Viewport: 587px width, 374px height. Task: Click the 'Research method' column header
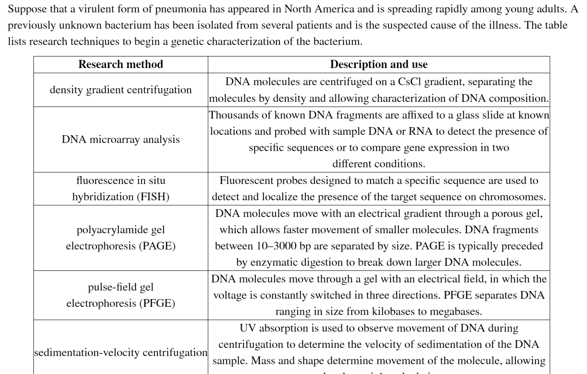pyautogui.click(x=121, y=64)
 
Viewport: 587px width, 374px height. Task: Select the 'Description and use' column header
pyautogui.click(x=379, y=64)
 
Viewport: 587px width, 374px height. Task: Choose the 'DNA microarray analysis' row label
pyautogui.click(x=121, y=140)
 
